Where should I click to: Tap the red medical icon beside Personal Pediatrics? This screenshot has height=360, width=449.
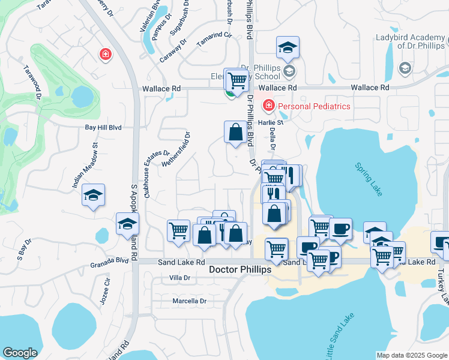pos(268,106)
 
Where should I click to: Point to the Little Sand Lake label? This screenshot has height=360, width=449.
pos(341,336)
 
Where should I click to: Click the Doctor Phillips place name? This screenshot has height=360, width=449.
pos(240,270)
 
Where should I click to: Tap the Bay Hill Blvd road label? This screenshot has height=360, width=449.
pos(103,128)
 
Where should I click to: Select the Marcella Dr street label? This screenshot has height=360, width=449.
pos(189,301)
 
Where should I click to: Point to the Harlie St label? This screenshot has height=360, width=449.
pos(270,122)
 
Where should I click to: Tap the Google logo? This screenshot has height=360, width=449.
pos(20,353)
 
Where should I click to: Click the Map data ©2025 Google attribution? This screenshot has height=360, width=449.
pos(411,355)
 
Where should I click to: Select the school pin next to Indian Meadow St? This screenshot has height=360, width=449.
pos(93,196)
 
